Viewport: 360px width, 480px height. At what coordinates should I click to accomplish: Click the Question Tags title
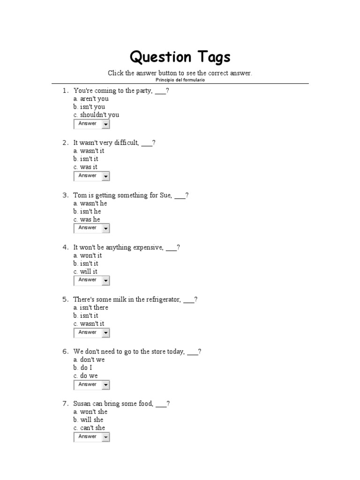tap(180, 57)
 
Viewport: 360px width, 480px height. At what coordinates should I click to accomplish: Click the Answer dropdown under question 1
tap(91, 124)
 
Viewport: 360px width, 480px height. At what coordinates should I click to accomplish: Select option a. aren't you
tap(91, 99)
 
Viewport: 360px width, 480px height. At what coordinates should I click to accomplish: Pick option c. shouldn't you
tap(96, 115)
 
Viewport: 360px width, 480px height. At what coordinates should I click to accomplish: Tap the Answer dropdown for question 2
tap(91, 176)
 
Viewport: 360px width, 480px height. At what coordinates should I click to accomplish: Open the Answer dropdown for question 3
tap(91, 228)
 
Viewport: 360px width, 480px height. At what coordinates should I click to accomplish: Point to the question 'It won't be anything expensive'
tap(126, 247)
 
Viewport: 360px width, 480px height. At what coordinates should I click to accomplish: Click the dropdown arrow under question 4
tap(106, 280)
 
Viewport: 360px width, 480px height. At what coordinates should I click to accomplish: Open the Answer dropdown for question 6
tap(91, 384)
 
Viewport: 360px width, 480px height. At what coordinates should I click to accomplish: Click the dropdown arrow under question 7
tap(106, 437)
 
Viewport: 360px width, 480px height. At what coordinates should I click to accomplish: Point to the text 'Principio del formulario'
tap(180, 80)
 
